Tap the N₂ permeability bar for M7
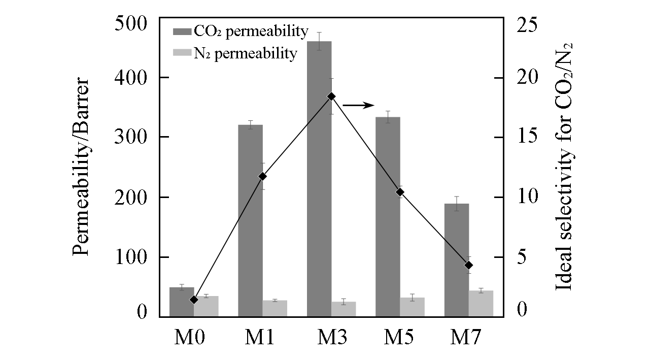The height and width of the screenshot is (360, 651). (x=481, y=304)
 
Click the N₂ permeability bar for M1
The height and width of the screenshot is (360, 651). (x=275, y=308)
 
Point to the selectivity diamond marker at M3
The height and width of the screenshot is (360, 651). (x=331, y=96)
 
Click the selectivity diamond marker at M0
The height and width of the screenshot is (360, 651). (x=193, y=300)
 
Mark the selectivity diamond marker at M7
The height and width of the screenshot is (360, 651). (x=469, y=265)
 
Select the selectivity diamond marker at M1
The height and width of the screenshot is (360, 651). (x=262, y=176)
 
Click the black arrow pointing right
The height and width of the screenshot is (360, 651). (x=358, y=105)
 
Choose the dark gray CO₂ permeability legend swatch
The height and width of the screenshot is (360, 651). (x=182, y=32)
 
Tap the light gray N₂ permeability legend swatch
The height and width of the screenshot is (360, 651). (x=182, y=53)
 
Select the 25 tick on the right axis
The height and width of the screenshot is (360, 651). (x=528, y=24)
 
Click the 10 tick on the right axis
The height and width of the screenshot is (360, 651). (x=528, y=197)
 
